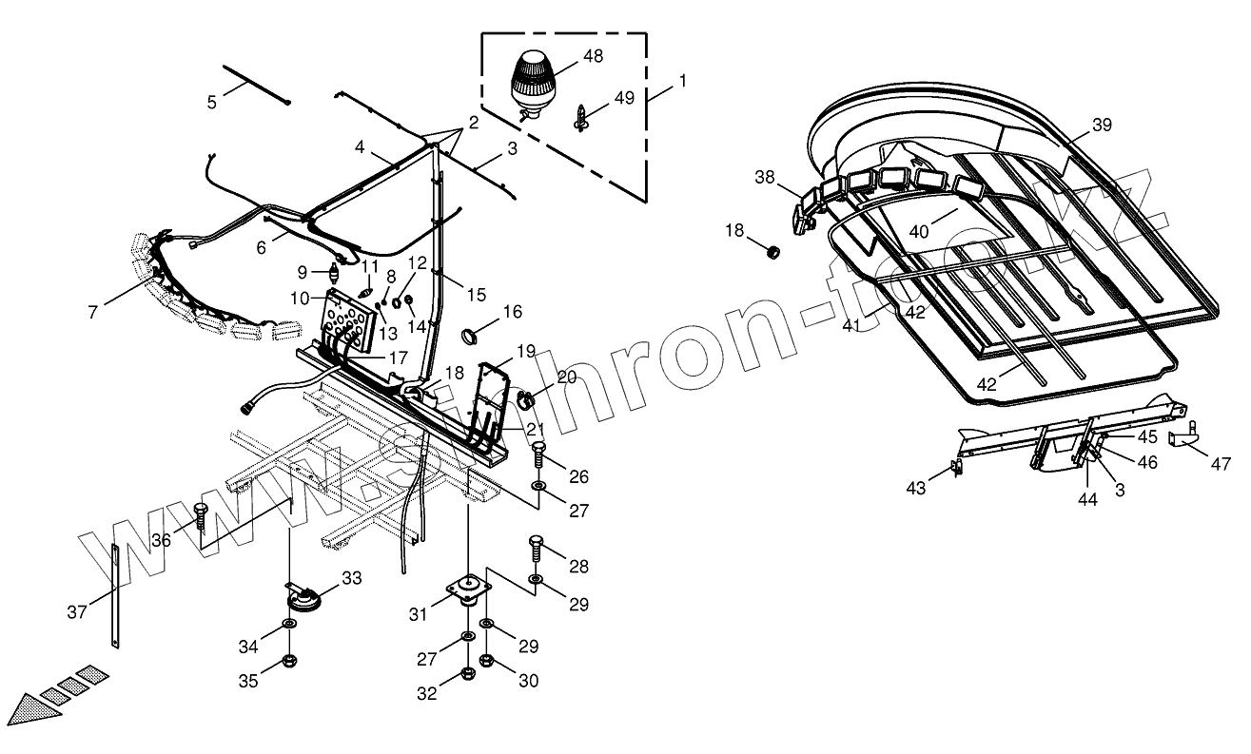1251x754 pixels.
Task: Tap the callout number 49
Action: coord(624,98)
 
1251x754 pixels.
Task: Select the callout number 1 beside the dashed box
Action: coord(682,81)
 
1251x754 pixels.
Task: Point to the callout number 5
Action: coord(211,101)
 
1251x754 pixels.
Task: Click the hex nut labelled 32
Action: coord(467,675)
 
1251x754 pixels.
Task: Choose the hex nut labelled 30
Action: coord(486,658)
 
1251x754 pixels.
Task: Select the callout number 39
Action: coord(1102,125)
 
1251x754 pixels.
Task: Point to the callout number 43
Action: coord(915,488)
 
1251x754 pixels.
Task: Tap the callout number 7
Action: coord(92,311)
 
